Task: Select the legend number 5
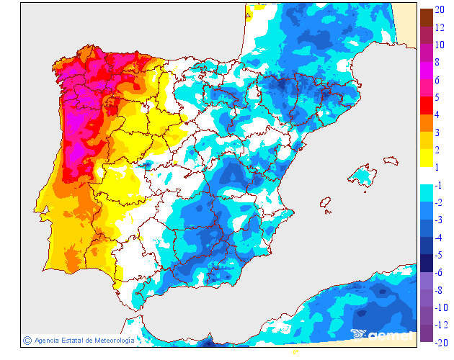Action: (x=438, y=97)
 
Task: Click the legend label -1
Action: (x=440, y=185)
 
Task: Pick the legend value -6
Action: (x=440, y=272)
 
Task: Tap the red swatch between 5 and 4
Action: (x=426, y=106)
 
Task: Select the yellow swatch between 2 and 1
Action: (x=426, y=158)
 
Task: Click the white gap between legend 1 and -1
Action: (x=426, y=176)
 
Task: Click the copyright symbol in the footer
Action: (x=27, y=340)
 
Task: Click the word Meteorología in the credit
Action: (x=111, y=340)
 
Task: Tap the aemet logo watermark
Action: (x=383, y=334)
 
